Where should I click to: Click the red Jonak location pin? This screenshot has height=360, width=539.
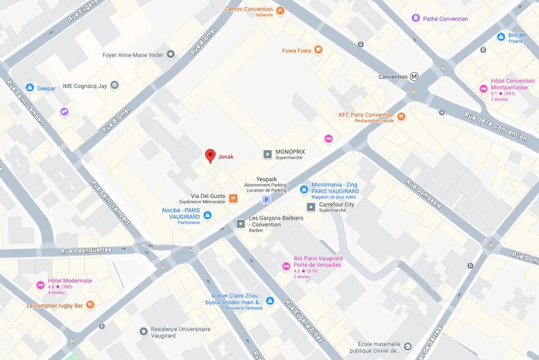click(x=210, y=156)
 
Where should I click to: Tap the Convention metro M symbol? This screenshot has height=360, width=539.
click(x=415, y=77)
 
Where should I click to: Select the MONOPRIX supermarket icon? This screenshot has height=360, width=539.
click(x=267, y=154)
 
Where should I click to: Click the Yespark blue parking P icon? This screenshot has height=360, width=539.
click(x=266, y=200)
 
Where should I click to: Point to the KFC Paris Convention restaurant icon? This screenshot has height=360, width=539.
click(x=401, y=117)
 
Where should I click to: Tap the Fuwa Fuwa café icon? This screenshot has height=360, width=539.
click(x=318, y=50)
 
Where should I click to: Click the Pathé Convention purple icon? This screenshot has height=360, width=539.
click(x=416, y=18)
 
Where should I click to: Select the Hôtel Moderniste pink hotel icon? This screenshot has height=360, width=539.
click(x=40, y=285)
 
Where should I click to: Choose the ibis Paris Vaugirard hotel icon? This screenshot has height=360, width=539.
click(x=285, y=266)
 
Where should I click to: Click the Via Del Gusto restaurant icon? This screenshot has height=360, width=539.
click(x=233, y=198)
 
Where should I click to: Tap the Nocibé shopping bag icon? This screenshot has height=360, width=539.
click(x=207, y=215)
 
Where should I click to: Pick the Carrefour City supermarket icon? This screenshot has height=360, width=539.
click(x=311, y=207)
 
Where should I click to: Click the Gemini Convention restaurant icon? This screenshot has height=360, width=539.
click(x=280, y=10)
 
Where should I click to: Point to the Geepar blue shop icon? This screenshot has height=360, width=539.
click(x=29, y=88)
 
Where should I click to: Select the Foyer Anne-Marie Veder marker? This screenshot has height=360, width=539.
click(x=171, y=54)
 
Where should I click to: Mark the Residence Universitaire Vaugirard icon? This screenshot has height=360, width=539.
click(x=143, y=331)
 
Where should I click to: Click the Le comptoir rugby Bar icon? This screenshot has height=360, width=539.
click(x=90, y=304)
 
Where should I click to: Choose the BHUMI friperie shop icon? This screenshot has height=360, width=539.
click(x=500, y=37)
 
